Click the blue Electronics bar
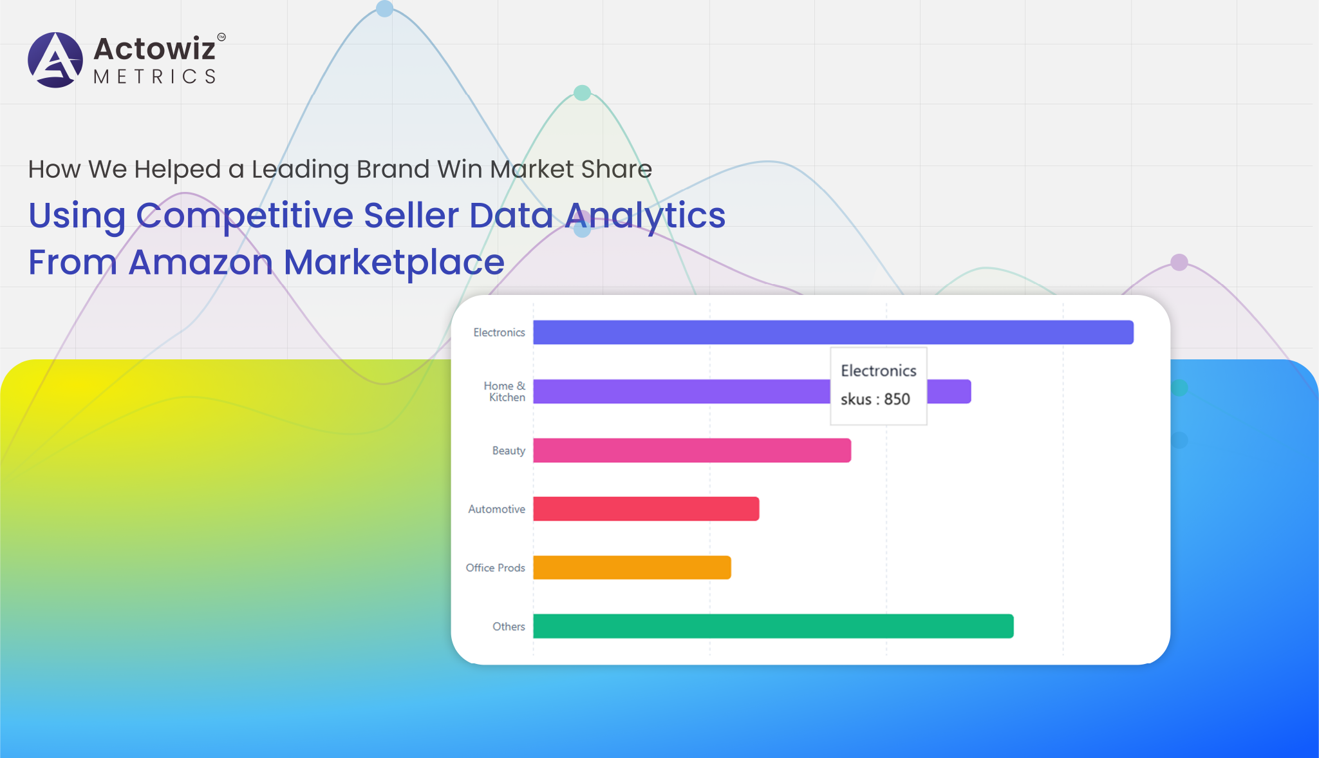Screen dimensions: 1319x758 click(x=833, y=332)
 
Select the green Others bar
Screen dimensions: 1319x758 click(x=773, y=626)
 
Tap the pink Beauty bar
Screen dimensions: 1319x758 click(x=692, y=450)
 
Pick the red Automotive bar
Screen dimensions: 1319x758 click(x=646, y=509)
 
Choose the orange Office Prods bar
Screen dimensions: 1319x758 click(x=632, y=567)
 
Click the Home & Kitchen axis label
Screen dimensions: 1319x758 click(x=505, y=392)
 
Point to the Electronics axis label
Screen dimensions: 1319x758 click(x=499, y=332)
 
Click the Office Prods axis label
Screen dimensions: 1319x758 click(x=495, y=567)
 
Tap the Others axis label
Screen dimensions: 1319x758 click(x=509, y=626)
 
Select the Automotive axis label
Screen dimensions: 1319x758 click(x=496, y=509)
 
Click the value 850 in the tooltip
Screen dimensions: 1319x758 click(x=897, y=399)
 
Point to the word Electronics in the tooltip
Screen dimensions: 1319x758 click(x=879, y=371)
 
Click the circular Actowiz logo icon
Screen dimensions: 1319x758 click(x=55, y=60)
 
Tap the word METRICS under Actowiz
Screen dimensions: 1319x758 click(x=155, y=77)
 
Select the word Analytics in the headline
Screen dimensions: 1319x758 click(x=645, y=216)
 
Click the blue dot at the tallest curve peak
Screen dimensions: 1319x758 click(x=384, y=8)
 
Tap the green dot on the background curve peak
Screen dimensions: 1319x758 click(x=582, y=93)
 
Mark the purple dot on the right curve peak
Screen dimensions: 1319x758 click(x=1179, y=262)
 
